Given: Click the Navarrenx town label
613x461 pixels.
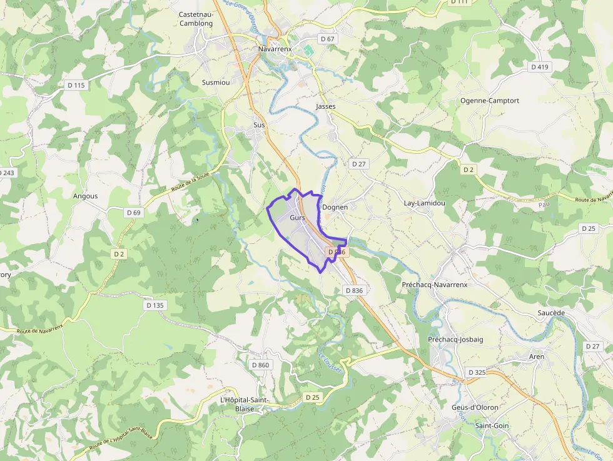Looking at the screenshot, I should [x=276, y=48].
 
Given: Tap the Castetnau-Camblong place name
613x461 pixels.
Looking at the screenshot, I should [x=196, y=19].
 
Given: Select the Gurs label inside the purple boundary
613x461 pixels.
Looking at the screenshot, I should [x=297, y=218].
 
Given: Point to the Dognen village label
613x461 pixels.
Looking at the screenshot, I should [x=335, y=207].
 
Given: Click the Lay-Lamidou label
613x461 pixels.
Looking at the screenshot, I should [x=424, y=203].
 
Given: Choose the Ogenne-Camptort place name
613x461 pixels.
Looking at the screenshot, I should [x=490, y=100].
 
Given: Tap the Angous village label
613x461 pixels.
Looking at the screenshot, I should [x=86, y=196].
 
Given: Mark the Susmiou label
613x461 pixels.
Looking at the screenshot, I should [x=216, y=82].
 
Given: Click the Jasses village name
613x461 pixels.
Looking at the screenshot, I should [x=326, y=106].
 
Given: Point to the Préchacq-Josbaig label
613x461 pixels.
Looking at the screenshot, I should [x=455, y=339].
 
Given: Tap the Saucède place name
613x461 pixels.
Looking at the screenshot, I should [x=551, y=312].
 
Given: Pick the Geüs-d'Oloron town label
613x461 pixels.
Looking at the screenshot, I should [x=475, y=407].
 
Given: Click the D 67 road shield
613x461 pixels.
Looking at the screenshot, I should [x=328, y=39].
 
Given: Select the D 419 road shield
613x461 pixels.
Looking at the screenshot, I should [x=539, y=67].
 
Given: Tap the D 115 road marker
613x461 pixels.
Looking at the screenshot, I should [x=76, y=85].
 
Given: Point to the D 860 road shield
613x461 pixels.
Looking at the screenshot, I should [x=260, y=365].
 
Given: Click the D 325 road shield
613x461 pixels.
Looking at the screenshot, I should [x=477, y=372].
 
